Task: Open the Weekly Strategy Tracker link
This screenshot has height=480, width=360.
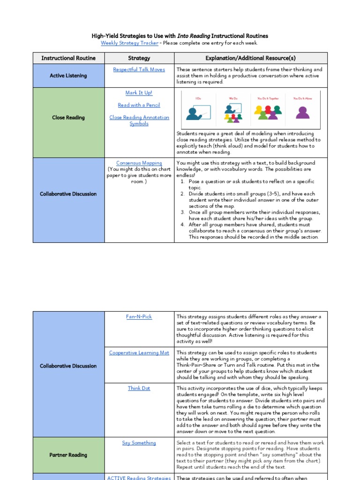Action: [x=129, y=43]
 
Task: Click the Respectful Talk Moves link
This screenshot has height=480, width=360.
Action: [x=139, y=69]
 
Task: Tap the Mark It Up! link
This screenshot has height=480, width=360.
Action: [x=139, y=93]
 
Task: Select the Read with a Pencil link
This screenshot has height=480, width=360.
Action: [x=139, y=105]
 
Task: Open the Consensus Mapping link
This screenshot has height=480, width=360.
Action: [x=139, y=163]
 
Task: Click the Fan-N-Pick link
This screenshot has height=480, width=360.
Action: [x=139, y=317]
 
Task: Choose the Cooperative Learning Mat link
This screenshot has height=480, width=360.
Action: [x=139, y=353]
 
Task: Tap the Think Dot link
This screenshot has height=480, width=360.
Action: [x=139, y=389]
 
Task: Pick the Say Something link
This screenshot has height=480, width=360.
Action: [x=139, y=443]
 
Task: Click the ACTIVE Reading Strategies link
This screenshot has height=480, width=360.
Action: [x=139, y=478]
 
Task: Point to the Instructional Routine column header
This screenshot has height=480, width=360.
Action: [x=68, y=58]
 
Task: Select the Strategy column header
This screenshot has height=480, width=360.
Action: [x=139, y=58]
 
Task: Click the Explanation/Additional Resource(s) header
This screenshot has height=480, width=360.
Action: [x=251, y=58]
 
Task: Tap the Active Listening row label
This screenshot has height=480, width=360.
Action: [x=68, y=75]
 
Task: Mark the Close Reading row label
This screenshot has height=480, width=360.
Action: [x=68, y=118]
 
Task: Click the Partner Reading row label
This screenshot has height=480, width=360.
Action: [x=68, y=455]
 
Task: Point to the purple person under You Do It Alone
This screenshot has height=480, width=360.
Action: [x=303, y=112]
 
